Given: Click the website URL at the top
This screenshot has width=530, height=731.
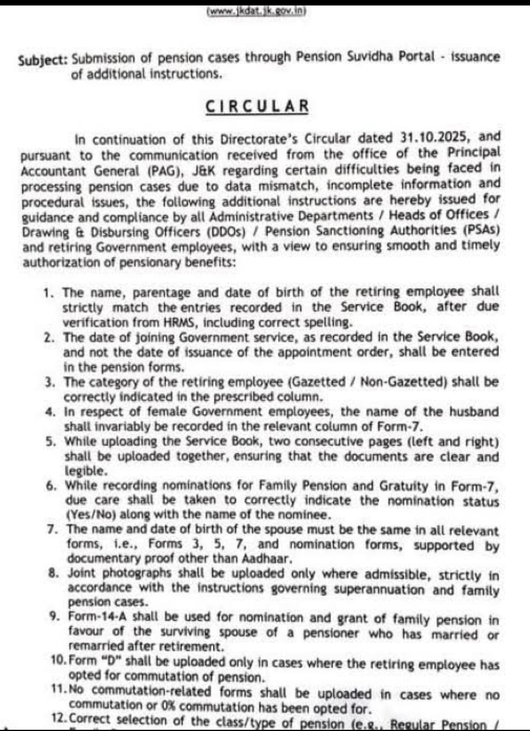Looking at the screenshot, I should (x=256, y=12).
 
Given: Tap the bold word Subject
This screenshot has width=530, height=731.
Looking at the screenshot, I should (x=42, y=59).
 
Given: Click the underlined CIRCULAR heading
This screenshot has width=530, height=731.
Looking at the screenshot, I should (x=257, y=106).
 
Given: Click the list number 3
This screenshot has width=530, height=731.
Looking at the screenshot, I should (x=49, y=382).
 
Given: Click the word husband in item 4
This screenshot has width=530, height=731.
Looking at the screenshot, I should (x=474, y=412).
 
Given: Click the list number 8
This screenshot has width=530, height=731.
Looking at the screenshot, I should (x=53, y=572).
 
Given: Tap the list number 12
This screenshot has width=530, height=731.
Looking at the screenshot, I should (x=59, y=719).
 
